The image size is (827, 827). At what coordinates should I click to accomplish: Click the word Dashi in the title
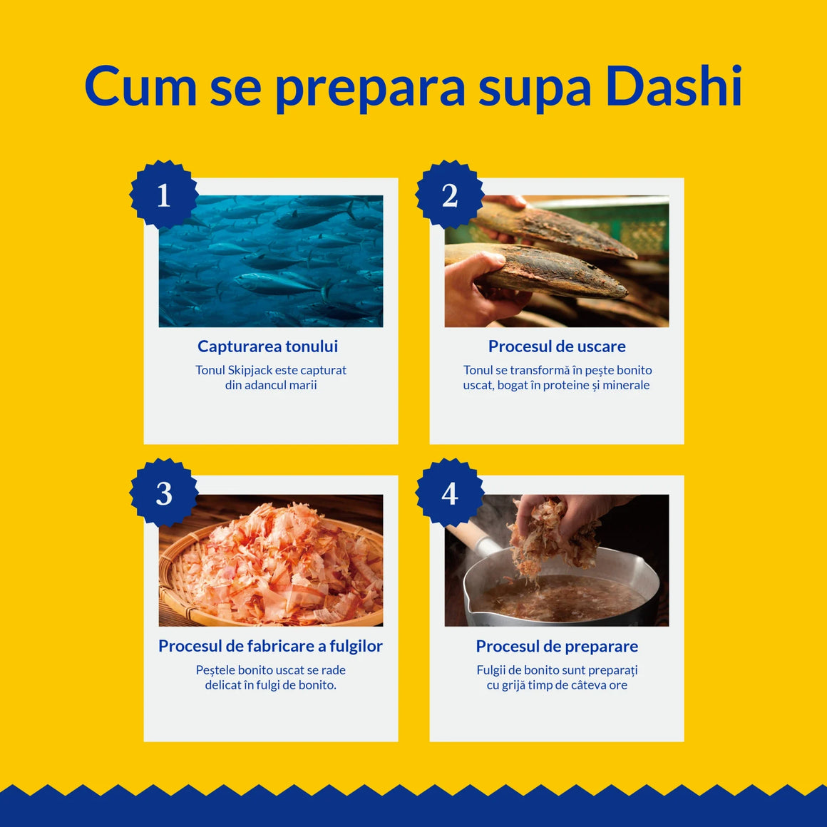(674, 86)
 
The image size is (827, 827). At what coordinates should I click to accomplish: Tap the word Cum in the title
(140, 86)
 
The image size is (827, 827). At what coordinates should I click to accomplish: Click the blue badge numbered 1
(164, 195)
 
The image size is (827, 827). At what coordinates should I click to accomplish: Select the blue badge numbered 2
(449, 195)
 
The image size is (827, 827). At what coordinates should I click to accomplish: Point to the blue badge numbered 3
(164, 493)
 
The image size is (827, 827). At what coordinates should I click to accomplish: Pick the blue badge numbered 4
(449, 493)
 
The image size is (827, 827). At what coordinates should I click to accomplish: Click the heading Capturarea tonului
(267, 346)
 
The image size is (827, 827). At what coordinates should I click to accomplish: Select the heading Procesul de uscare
(557, 346)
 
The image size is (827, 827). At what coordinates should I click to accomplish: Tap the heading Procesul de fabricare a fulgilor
(271, 646)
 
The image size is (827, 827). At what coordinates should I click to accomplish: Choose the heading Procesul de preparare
(557, 647)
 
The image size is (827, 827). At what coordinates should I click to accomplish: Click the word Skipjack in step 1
(250, 370)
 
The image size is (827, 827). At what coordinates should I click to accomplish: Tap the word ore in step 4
(618, 686)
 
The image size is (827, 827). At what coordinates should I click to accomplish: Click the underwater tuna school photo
(271, 261)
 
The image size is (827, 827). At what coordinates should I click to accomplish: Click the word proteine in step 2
(567, 386)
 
